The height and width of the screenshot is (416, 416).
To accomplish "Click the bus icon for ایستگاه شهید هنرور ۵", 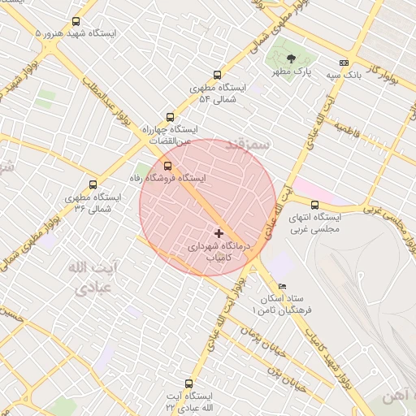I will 76,22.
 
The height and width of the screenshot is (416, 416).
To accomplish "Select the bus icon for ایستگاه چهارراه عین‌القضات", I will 170,117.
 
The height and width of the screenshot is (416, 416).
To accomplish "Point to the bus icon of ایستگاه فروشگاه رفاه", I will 168,166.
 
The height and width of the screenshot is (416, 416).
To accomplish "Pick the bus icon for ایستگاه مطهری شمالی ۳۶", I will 93,185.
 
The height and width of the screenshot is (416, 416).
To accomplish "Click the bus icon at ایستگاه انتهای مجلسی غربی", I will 315,205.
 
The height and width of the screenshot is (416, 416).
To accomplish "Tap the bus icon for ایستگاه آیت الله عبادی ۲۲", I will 188,383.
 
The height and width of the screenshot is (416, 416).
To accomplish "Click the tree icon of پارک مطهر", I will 292,57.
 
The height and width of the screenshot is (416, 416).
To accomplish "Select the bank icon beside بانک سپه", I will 344,63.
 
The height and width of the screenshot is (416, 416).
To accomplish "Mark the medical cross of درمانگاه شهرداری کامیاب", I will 219,233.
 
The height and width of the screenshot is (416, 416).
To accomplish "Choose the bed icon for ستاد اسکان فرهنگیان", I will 282,286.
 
